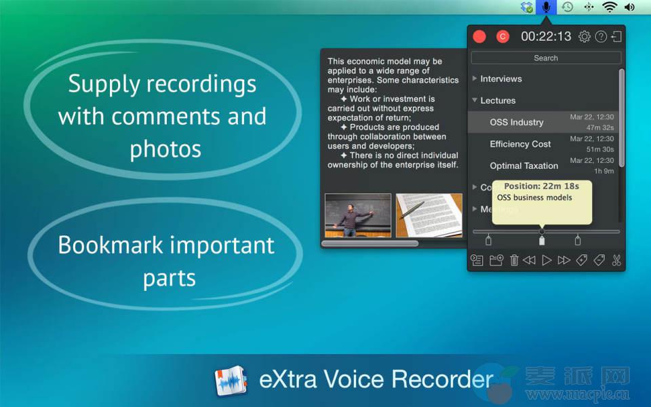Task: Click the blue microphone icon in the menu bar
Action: [546, 7]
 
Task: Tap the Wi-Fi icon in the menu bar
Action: [610, 7]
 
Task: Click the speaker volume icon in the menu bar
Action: [629, 7]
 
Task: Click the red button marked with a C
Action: [502, 37]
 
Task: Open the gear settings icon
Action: [584, 37]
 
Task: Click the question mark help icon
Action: [601, 37]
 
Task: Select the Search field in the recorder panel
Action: [546, 58]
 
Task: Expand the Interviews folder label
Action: [500, 79]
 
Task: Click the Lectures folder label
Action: [498, 100]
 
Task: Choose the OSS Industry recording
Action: [517, 122]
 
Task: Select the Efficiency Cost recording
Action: [520, 144]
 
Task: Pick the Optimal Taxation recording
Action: [524, 166]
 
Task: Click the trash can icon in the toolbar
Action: [514, 260]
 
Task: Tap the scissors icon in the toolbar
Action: [616, 260]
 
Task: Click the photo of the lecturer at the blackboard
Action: [358, 215]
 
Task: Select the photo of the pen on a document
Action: [429, 215]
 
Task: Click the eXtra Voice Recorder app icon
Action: [231, 381]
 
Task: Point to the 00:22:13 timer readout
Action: [546, 37]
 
